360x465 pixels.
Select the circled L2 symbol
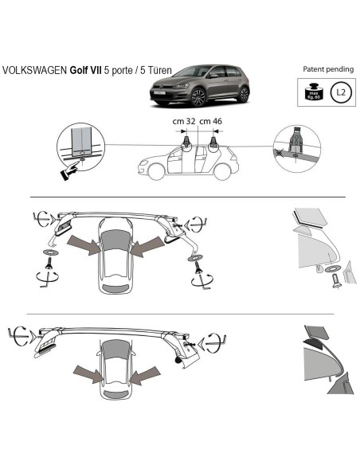point(341,92)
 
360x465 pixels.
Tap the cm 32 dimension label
point(183,121)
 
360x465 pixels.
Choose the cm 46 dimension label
point(211,121)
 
